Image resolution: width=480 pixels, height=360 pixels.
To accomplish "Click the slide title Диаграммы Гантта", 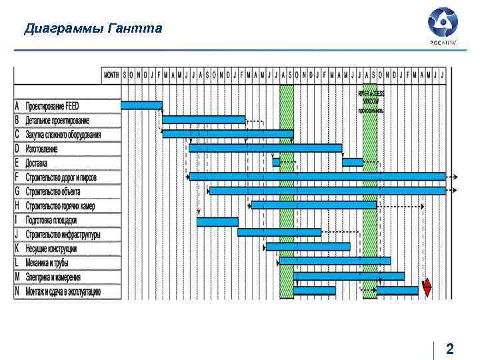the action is [x=93, y=29].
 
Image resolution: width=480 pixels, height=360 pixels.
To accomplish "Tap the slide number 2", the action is [x=450, y=349].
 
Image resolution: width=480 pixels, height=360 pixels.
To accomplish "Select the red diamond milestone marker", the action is [x=427, y=287].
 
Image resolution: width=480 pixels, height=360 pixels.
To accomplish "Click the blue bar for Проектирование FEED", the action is [x=141, y=105].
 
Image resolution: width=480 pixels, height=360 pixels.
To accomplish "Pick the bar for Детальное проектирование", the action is [x=203, y=120].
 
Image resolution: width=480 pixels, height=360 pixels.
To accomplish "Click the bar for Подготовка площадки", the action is [x=217, y=221].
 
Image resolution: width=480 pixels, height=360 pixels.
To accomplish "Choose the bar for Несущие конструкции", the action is [x=307, y=247].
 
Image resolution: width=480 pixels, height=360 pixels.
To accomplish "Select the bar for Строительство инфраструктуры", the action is [x=279, y=233].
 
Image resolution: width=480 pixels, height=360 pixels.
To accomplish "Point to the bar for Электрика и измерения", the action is [x=348, y=275].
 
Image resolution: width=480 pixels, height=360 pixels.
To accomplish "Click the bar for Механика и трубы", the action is [x=335, y=261].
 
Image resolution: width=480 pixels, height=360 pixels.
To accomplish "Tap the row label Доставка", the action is [x=37, y=163].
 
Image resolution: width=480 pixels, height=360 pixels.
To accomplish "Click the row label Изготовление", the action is [x=41, y=149].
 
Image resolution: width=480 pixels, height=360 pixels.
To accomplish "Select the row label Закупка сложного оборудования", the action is [x=63, y=135].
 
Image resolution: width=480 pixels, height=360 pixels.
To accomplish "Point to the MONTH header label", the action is [x=111, y=75].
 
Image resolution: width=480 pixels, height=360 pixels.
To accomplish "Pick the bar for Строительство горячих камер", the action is [x=313, y=205].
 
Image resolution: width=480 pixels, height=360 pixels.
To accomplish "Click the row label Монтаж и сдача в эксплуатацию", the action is [x=63, y=291].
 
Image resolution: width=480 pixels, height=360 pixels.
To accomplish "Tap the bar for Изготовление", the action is [x=265, y=148].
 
